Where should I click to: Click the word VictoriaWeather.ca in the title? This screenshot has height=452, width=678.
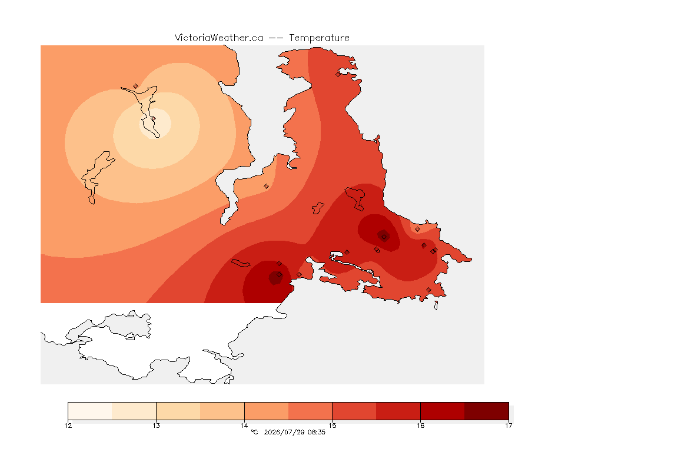click(x=219, y=38)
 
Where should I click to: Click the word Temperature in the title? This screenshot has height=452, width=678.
click(x=319, y=38)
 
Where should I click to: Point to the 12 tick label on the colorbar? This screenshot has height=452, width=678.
click(x=68, y=426)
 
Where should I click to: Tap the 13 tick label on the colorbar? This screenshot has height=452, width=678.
click(x=156, y=426)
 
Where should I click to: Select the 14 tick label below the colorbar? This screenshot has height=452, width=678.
click(x=244, y=426)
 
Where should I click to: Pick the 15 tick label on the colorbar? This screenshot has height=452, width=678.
click(x=332, y=426)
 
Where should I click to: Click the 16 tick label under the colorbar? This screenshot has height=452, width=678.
click(x=420, y=426)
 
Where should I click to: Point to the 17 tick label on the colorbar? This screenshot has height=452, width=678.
click(x=508, y=426)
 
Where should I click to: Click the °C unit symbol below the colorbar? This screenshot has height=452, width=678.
click(x=254, y=432)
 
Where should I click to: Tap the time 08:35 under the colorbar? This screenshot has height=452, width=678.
click(x=317, y=432)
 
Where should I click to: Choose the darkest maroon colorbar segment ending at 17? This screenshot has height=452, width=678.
click(x=487, y=411)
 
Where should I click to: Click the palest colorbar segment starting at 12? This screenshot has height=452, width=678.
click(x=90, y=411)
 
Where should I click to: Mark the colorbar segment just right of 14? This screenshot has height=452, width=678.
click(x=267, y=411)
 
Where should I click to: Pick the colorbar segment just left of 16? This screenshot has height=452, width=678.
click(x=398, y=411)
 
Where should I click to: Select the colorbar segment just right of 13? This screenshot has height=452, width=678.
click(x=178, y=411)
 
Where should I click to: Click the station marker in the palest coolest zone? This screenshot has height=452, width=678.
click(x=153, y=118)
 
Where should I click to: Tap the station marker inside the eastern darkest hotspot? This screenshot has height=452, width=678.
click(x=384, y=237)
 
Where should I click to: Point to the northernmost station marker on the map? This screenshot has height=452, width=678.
click(x=338, y=74)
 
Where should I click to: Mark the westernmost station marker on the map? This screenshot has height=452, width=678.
click(x=136, y=87)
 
